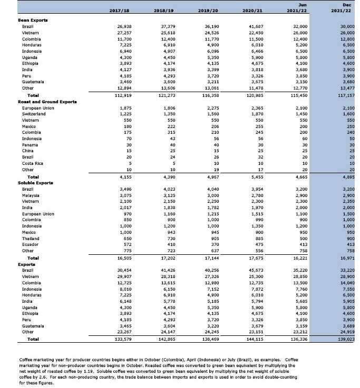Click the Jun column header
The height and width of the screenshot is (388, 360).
tap(303, 5)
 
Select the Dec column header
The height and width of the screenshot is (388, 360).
tap(347, 5)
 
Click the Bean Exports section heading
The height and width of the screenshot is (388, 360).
tap(33, 20)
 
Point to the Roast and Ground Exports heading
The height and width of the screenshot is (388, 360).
tap(47, 102)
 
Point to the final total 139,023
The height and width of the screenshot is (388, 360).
tap(347, 340)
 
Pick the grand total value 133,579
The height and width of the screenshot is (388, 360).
tap(122, 340)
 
